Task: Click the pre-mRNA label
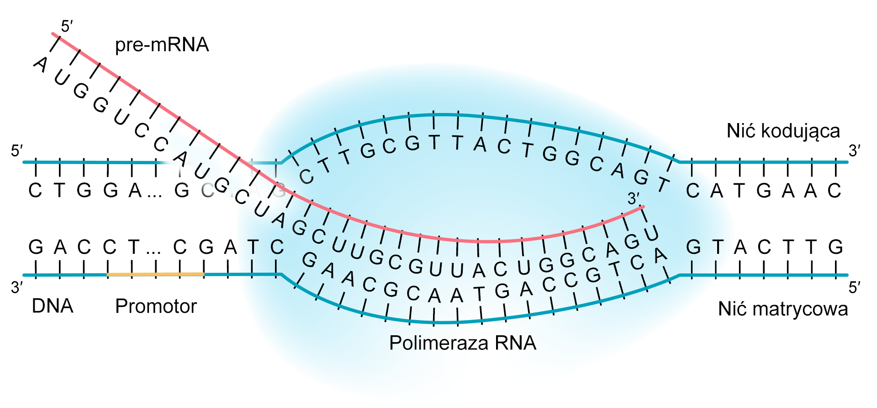click(x=162, y=45)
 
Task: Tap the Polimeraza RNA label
click(x=462, y=343)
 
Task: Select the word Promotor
click(x=156, y=306)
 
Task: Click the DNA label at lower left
click(x=52, y=306)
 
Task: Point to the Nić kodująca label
click(x=783, y=131)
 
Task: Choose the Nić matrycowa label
click(x=782, y=309)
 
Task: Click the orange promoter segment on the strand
click(x=155, y=274)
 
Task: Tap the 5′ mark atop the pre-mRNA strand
click(x=67, y=27)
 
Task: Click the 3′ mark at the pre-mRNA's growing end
click(x=633, y=199)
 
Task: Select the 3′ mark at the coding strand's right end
click(x=855, y=150)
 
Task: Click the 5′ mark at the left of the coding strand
click(x=17, y=150)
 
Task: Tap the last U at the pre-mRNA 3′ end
click(x=651, y=233)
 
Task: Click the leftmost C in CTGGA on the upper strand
click(x=35, y=190)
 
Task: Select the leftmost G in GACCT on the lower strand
click(x=36, y=247)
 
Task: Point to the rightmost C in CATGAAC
click(x=834, y=190)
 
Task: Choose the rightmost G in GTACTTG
click(x=835, y=247)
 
